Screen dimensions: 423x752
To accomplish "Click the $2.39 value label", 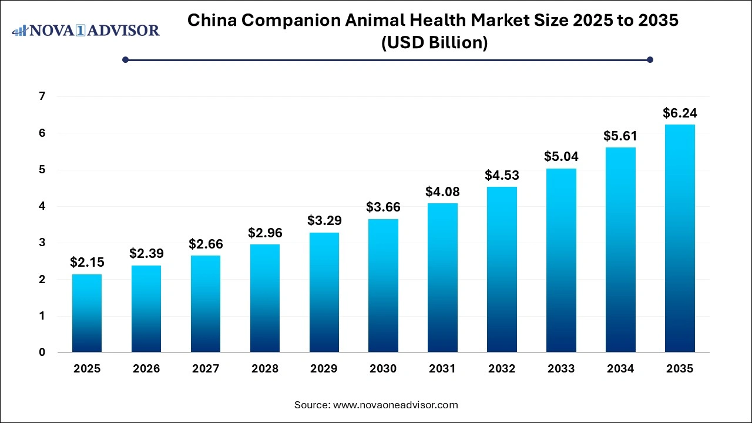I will [146, 254].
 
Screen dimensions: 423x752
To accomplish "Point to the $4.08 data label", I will [442, 192].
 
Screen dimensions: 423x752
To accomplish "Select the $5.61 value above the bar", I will [620, 136].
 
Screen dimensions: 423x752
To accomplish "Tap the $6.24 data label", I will [680, 113].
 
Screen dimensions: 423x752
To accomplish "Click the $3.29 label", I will [324, 221].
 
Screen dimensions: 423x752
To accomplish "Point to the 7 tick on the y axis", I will [42, 96].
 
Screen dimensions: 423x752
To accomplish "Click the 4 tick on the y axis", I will [42, 206].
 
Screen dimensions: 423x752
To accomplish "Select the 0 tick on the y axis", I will [42, 352].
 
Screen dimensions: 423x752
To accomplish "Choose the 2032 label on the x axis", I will [502, 369].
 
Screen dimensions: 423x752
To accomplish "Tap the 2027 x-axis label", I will [206, 369].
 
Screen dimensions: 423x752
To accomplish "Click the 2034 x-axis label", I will [620, 369].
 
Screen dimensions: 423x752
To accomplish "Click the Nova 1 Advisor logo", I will [86, 30].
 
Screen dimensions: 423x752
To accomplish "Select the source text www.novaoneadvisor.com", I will [395, 405].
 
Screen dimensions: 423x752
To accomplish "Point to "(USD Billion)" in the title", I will [434, 43].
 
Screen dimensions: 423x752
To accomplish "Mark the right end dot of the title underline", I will [650, 59].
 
